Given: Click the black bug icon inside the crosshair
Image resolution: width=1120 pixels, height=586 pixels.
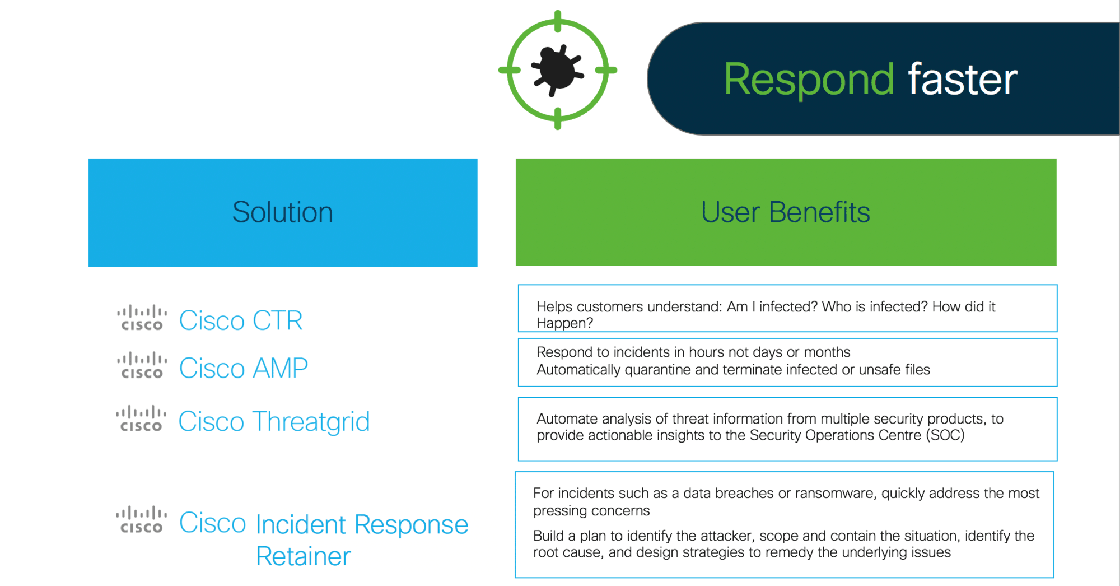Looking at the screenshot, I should [x=557, y=70].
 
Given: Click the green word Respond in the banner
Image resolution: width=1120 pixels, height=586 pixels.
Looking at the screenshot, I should [x=809, y=80].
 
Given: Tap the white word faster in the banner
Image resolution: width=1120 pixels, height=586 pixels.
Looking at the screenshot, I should [x=962, y=80].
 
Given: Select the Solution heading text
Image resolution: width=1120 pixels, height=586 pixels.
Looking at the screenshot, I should [x=282, y=212].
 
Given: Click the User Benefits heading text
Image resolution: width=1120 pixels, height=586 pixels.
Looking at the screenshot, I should [x=785, y=212].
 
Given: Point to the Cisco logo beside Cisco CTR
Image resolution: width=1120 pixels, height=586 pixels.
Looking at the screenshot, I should [x=142, y=318].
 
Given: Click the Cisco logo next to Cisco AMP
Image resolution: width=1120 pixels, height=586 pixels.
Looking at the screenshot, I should [x=142, y=365].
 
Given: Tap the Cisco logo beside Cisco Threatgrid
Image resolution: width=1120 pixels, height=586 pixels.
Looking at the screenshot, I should [x=141, y=419].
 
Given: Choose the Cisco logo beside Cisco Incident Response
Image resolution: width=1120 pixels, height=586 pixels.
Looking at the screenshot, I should [x=141, y=520].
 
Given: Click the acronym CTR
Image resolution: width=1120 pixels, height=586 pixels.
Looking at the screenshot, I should [x=277, y=320].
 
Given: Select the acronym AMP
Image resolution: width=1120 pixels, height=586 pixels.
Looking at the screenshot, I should [x=280, y=368].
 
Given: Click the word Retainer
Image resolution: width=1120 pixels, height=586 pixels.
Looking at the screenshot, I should [x=303, y=556].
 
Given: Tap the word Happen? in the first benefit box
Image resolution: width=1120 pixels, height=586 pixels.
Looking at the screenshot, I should [x=564, y=323].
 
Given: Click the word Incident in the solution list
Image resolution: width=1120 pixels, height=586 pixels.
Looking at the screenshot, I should [x=301, y=524].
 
